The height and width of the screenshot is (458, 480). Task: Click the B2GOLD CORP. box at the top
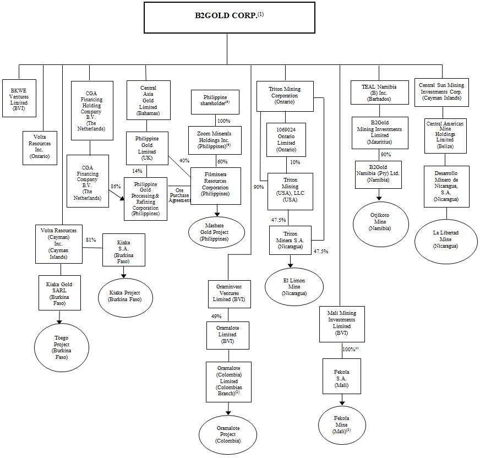(230, 18)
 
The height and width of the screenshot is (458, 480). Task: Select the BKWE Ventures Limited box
(19, 99)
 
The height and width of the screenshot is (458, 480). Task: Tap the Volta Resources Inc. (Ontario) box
(40, 148)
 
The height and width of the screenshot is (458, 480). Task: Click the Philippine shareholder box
(215, 102)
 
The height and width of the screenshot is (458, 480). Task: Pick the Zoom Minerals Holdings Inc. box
(215, 140)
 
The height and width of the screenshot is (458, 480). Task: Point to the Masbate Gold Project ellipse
(216, 232)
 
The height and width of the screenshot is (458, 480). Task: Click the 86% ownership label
(116, 186)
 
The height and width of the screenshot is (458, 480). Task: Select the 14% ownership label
(137, 171)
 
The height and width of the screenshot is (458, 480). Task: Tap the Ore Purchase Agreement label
(179, 195)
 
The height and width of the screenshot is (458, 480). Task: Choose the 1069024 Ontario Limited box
(286, 140)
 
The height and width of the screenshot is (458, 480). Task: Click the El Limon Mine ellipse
(294, 287)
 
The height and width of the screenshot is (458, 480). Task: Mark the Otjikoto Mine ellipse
(380, 224)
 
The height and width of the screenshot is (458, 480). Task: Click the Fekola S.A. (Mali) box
(342, 377)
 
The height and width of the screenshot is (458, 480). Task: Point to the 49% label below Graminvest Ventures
(216, 317)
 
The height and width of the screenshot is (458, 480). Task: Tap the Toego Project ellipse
(62, 347)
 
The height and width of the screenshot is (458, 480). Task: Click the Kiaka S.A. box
(124, 250)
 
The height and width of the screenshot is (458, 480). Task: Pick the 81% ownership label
(91, 239)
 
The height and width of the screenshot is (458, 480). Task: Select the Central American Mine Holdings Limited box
(445, 136)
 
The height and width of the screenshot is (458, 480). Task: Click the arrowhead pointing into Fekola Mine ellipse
(342, 403)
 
